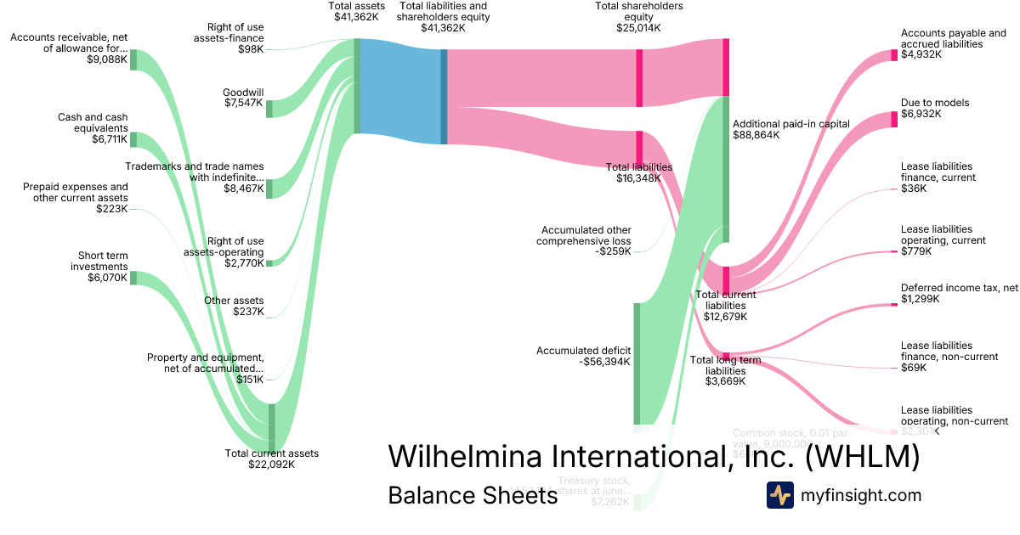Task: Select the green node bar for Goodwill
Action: tap(269, 109)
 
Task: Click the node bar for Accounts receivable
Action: tap(133, 59)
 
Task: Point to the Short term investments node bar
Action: tap(133, 278)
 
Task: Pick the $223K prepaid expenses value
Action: tap(111, 209)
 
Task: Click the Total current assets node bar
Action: tap(272, 428)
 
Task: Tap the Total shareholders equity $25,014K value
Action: tap(638, 28)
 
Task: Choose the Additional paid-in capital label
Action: tap(790, 124)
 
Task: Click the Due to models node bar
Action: tap(894, 119)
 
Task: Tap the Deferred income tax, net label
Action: tap(959, 288)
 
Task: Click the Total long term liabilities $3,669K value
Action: tap(725, 381)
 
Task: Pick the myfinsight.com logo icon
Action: tap(779, 495)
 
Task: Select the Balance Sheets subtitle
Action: tap(472, 495)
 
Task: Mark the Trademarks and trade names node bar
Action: tap(269, 188)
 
